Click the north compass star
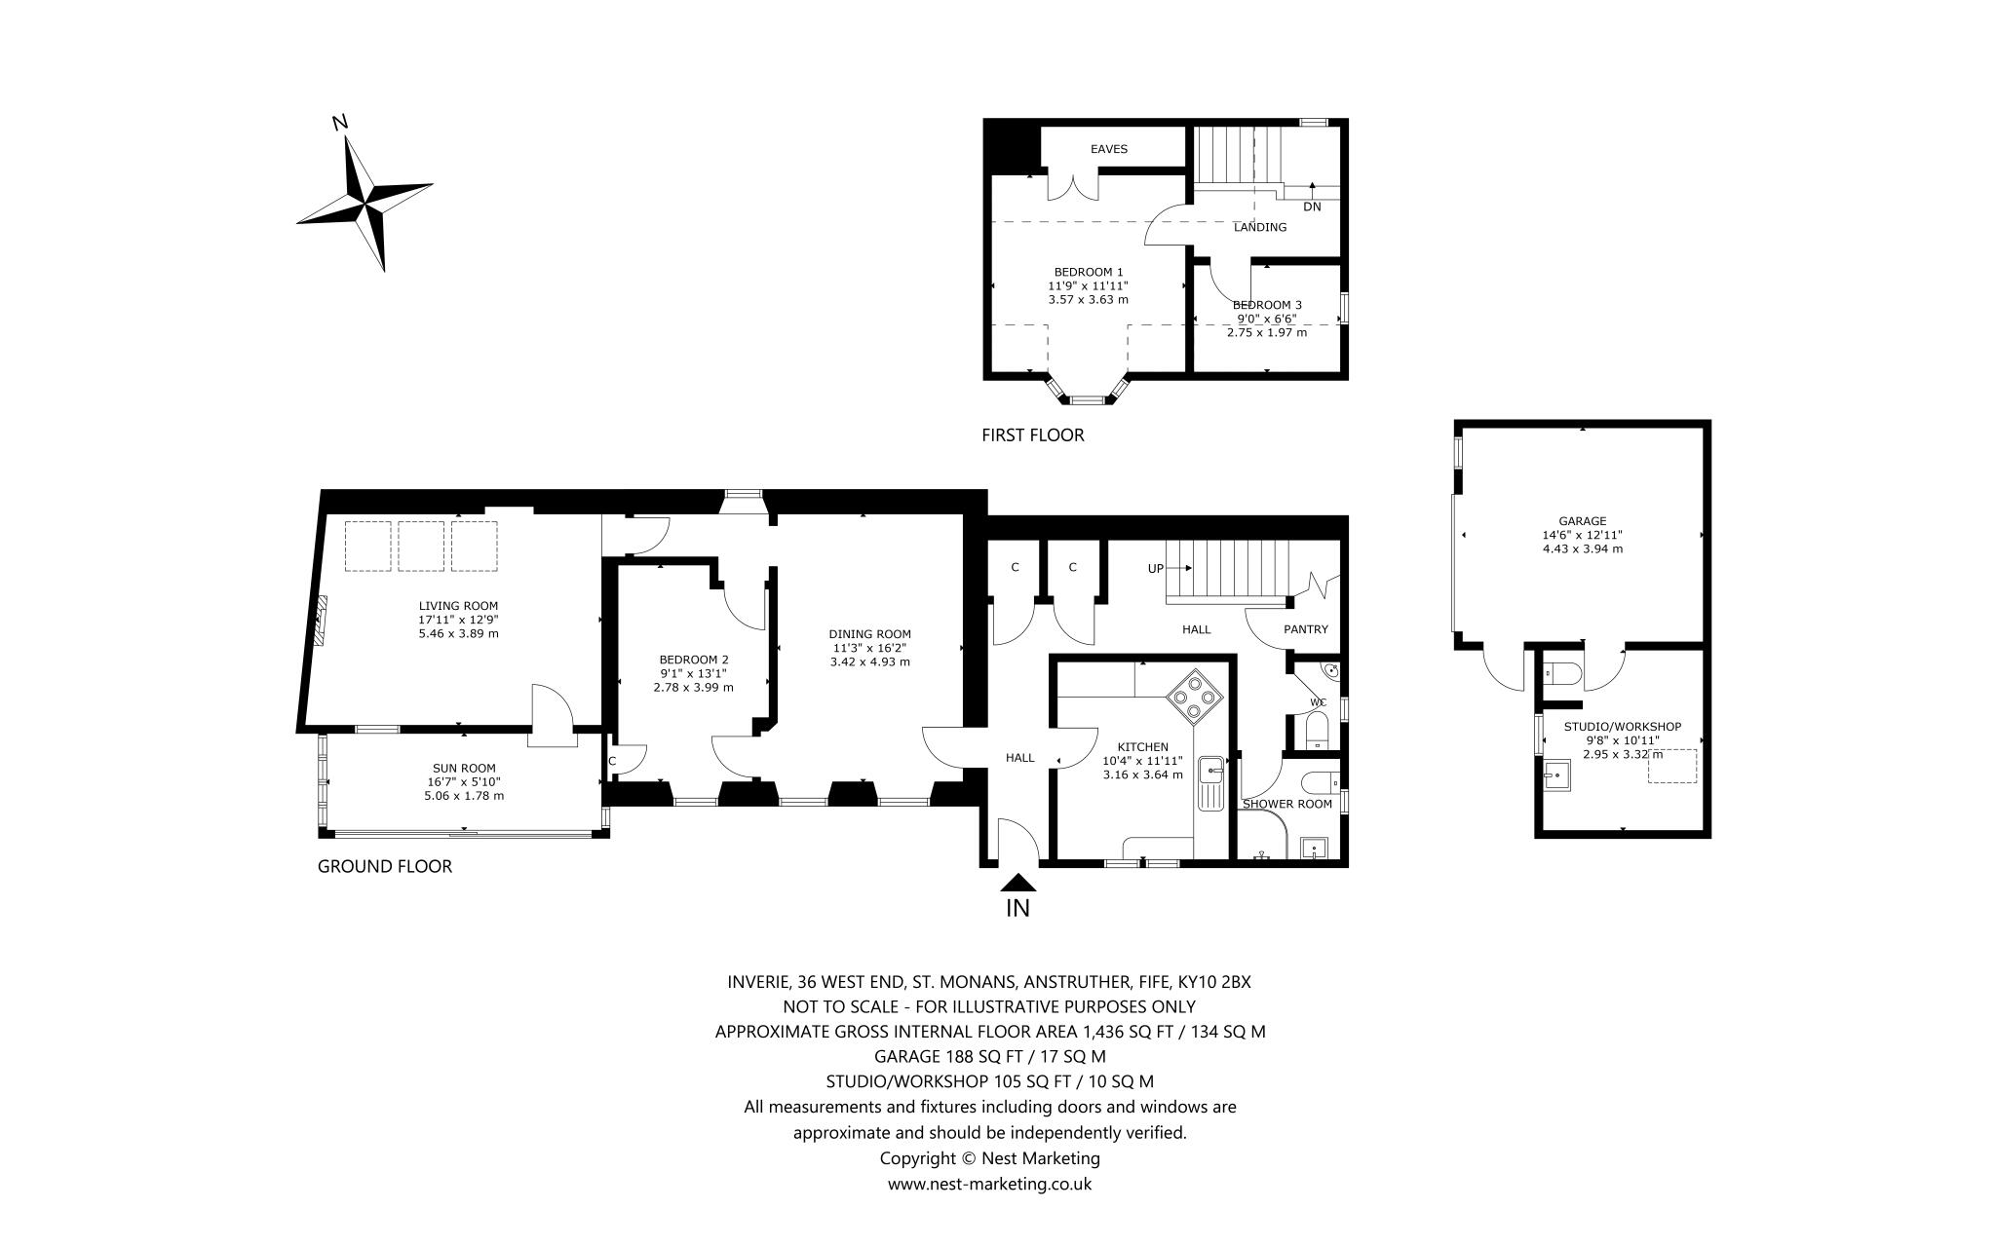[x=365, y=203]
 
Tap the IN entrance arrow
[x=1017, y=885]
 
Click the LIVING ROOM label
[x=458, y=605]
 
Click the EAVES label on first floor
[x=1108, y=149]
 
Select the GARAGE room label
[x=1582, y=521]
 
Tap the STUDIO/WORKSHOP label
[x=1622, y=727]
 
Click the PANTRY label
[x=1305, y=629]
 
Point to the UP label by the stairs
[x=1156, y=568]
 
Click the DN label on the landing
[x=1312, y=207]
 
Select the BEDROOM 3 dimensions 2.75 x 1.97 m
[x=1266, y=332]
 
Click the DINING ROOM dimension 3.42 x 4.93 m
[x=869, y=661]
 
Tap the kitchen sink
[x=1211, y=771]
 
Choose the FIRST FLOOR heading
[x=1032, y=435]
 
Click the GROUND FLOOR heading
[x=385, y=866]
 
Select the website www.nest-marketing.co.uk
[x=989, y=1184]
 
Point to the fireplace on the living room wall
[x=320, y=621]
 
